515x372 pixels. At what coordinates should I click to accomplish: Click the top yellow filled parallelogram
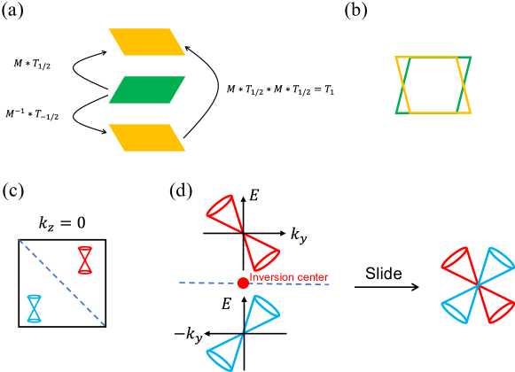[147, 42]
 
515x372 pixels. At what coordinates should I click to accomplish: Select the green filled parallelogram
[147, 89]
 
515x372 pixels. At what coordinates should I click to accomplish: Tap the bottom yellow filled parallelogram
[147, 137]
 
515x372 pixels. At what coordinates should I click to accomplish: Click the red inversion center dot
[243, 283]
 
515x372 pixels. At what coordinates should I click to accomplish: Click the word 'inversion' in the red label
[271, 277]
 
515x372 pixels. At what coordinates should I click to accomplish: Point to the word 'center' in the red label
[311, 277]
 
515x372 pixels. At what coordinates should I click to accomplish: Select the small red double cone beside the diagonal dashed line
[84, 260]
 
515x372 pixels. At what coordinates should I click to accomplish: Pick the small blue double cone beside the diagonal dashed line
[34, 308]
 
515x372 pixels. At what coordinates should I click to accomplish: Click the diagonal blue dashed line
[62, 282]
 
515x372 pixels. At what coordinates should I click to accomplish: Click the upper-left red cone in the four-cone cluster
[458, 263]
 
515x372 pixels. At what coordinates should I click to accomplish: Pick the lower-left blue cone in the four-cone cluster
[459, 305]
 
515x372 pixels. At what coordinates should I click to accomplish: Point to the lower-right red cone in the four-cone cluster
[496, 305]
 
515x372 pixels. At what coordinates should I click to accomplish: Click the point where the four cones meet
[478, 284]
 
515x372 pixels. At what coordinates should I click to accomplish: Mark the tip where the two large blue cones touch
[244, 335]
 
